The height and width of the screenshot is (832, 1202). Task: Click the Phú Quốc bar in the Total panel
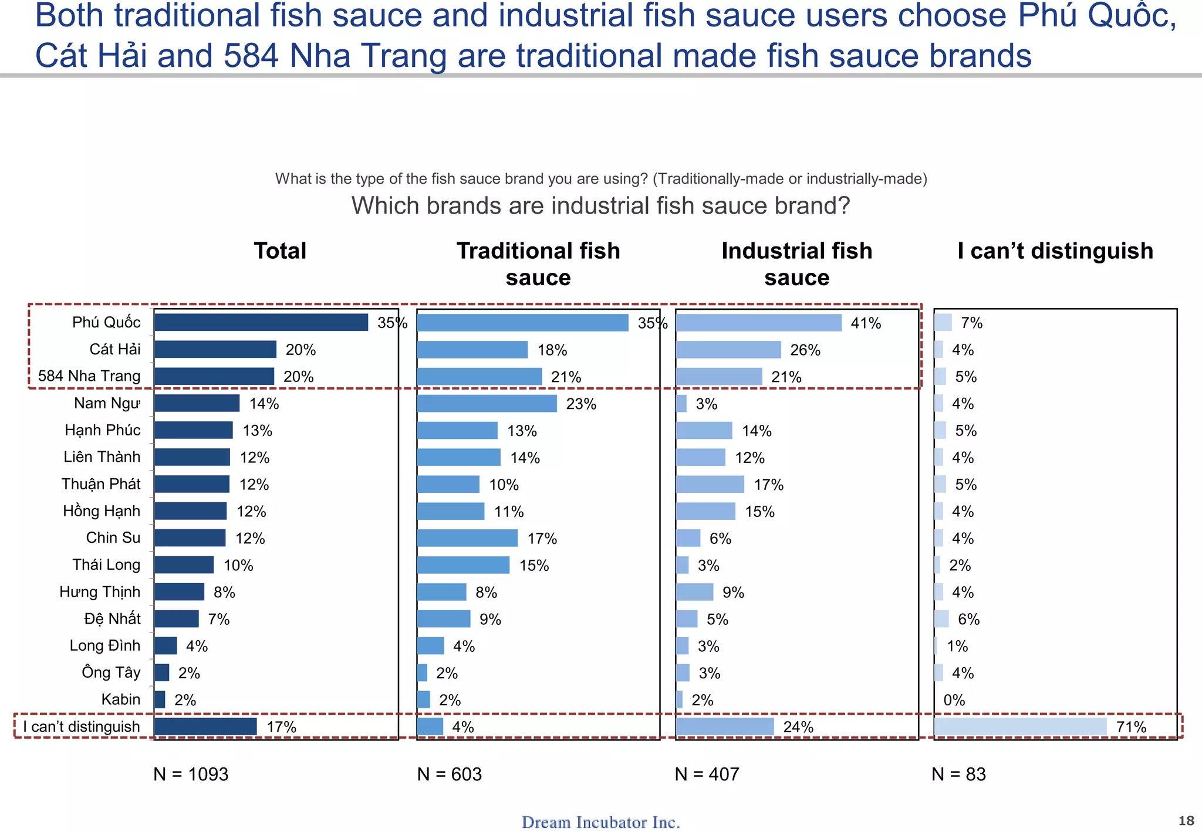(261, 323)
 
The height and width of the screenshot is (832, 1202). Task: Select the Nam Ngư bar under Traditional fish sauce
(487, 404)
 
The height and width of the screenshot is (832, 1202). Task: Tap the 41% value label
(866, 323)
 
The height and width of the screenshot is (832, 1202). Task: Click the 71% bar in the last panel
(1020, 727)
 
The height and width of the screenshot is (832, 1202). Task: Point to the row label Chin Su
(113, 538)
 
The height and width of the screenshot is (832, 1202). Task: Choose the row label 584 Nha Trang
(89, 376)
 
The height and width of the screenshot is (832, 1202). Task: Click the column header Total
(280, 251)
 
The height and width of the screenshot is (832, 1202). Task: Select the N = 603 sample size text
(449, 774)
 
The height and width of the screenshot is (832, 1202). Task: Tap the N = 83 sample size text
(958, 774)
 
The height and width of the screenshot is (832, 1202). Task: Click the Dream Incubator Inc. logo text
(600, 822)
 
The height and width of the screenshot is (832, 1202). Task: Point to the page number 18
(1186, 821)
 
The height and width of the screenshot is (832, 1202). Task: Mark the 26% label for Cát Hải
(805, 350)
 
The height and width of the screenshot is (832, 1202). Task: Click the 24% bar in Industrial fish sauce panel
(724, 727)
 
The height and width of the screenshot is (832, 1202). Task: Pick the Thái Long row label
(106, 565)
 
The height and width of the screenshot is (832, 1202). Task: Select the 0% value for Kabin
(954, 700)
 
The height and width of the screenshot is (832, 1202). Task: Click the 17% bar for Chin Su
(467, 538)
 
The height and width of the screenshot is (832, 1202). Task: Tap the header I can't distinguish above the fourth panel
(1055, 251)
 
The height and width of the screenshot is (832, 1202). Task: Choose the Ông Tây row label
(111, 672)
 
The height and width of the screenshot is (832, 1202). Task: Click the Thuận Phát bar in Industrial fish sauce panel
(710, 485)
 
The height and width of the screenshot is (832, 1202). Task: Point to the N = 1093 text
(191, 774)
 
